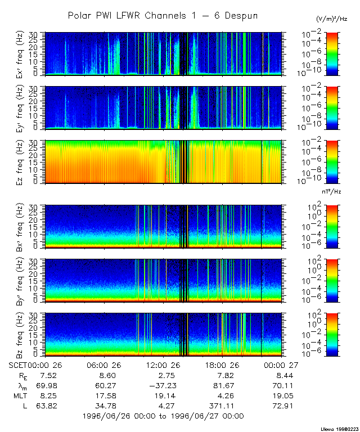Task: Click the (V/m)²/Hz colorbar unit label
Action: tap(331, 19)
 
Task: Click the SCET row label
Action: tap(19, 365)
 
